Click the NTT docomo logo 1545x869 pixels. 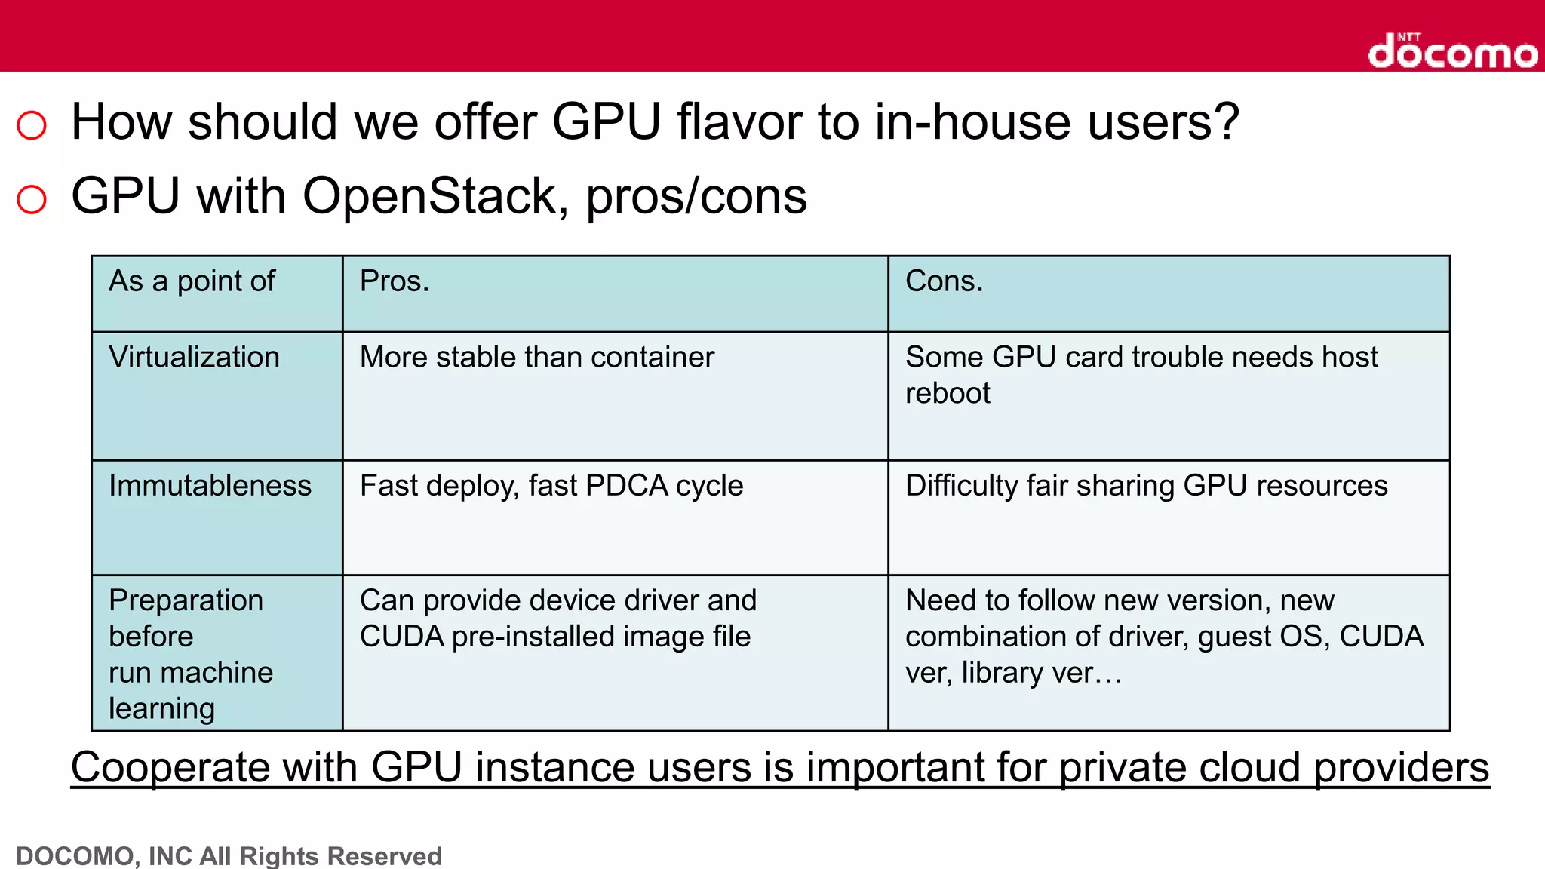pyautogui.click(x=1452, y=51)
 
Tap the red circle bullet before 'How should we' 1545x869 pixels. pyautogui.click(x=32, y=124)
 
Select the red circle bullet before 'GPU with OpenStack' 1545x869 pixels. pyautogui.click(x=32, y=199)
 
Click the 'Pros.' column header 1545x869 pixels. pyautogui.click(x=395, y=281)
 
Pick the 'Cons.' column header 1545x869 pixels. pyautogui.click(x=944, y=281)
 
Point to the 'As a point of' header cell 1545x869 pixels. pyautogui.click(x=192, y=281)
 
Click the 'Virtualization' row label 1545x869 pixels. pyautogui.click(x=194, y=357)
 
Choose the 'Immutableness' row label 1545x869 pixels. pyautogui.click(x=210, y=485)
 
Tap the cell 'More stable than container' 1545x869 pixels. pyautogui.click(x=536, y=357)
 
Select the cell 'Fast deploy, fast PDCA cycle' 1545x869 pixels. pyautogui.click(x=551, y=485)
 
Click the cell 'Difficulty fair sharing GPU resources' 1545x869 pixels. pyautogui.click(x=1146, y=485)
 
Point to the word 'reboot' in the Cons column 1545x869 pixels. pyautogui.click(x=948, y=393)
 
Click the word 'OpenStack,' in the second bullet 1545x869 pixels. pyautogui.click(x=435, y=196)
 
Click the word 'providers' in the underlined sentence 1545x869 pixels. pyautogui.click(x=1402, y=768)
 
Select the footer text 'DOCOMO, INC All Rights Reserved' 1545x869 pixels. pyautogui.click(x=229, y=856)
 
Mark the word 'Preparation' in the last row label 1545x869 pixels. pyautogui.click(x=186, y=600)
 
